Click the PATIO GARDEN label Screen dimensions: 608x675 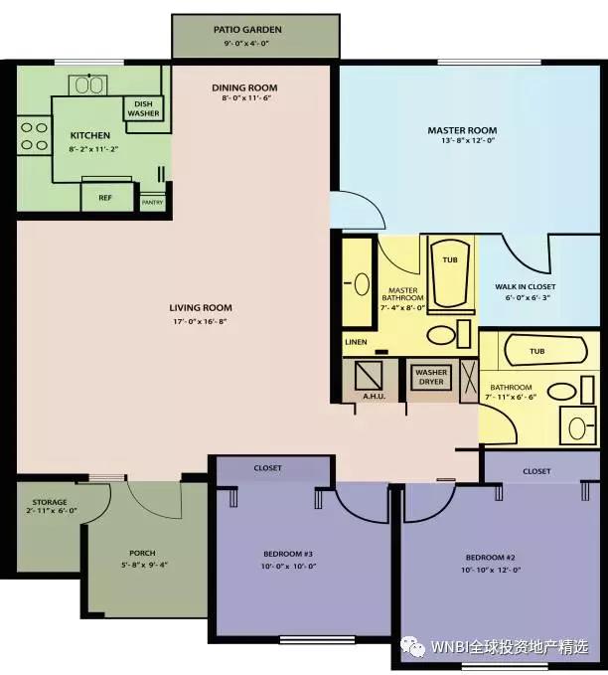(247, 30)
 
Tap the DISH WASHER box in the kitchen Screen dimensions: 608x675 (143, 108)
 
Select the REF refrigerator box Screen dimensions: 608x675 (107, 197)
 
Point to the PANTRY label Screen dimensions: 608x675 (152, 203)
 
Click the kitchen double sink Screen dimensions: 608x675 (88, 85)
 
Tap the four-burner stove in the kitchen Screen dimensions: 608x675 (35, 136)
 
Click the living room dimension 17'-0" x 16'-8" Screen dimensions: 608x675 (200, 321)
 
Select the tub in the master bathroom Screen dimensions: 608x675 (450, 274)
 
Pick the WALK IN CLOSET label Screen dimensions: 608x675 (525, 286)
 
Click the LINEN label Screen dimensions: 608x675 (356, 342)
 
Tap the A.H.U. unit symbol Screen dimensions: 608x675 (369, 376)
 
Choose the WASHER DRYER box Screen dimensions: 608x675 (431, 378)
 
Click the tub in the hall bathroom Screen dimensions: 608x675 (545, 351)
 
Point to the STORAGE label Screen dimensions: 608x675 (50, 502)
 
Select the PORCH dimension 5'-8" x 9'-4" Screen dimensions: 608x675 (144, 565)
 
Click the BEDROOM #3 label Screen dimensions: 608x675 (288, 554)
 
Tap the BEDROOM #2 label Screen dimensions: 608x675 (490, 558)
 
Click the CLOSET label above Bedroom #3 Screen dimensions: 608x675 (267, 468)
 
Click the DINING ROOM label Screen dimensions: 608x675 (244, 87)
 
